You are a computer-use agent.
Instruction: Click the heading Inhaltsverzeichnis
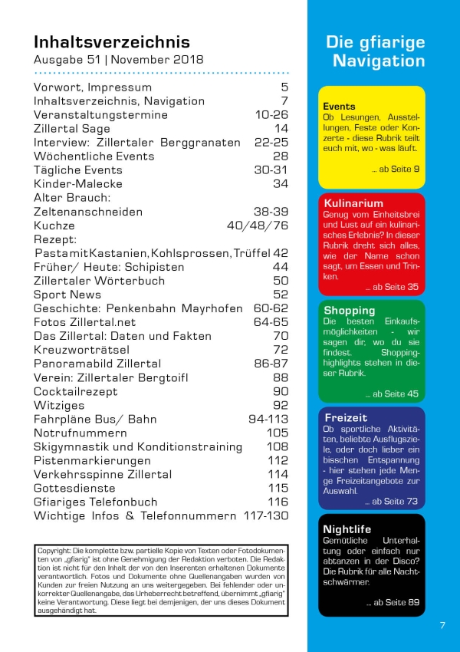click(112, 41)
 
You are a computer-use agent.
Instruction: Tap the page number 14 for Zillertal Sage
click(281, 129)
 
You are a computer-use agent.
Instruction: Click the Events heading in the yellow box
click(339, 106)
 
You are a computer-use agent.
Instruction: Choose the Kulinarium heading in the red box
click(353, 203)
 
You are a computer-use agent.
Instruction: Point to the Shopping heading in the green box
click(350, 311)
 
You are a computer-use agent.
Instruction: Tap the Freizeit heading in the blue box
click(347, 418)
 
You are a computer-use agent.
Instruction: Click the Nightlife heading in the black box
click(347, 529)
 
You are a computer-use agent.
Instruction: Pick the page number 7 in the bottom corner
click(442, 625)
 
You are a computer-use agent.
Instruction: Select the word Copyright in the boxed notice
click(54, 552)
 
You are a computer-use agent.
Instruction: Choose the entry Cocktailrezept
click(75, 391)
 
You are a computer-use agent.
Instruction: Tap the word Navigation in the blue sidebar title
click(379, 61)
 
